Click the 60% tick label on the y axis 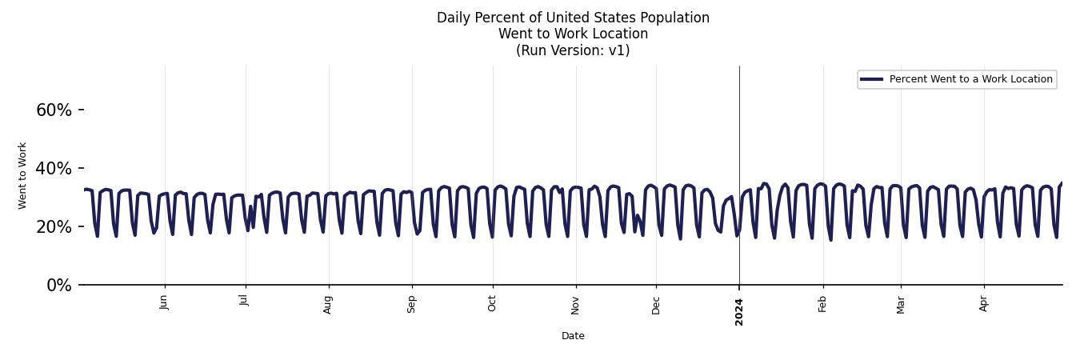[x=54, y=110]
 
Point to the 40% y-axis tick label [x=54, y=169]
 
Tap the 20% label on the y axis [x=54, y=227]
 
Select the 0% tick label [x=58, y=286]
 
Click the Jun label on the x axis [x=164, y=302]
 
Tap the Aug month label [x=328, y=304]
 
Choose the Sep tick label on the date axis [x=411, y=304]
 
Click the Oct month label [x=492, y=303]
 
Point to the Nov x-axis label [x=575, y=304]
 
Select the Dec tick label [x=656, y=304]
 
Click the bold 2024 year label [x=739, y=311]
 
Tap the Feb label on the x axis [x=822, y=303]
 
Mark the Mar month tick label [x=901, y=304]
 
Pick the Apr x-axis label [x=984, y=303]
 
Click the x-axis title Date [x=573, y=336]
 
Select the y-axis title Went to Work [x=22, y=175]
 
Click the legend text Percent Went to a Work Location [x=970, y=79]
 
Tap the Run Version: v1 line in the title [x=573, y=50]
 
